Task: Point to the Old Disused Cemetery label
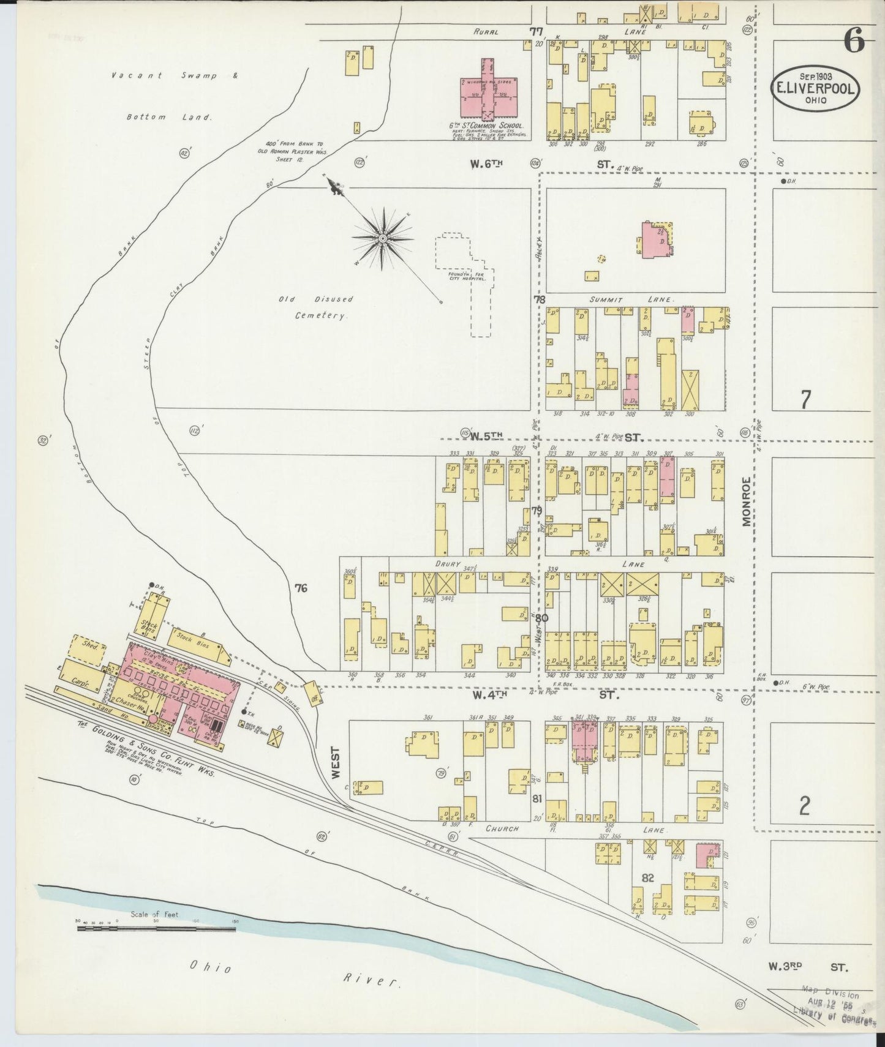pyautogui.click(x=316, y=307)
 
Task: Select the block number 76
pyautogui.click(x=301, y=588)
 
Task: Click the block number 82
pyautogui.click(x=648, y=877)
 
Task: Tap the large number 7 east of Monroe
pyautogui.click(x=806, y=399)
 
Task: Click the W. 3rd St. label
pyautogui.click(x=808, y=968)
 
